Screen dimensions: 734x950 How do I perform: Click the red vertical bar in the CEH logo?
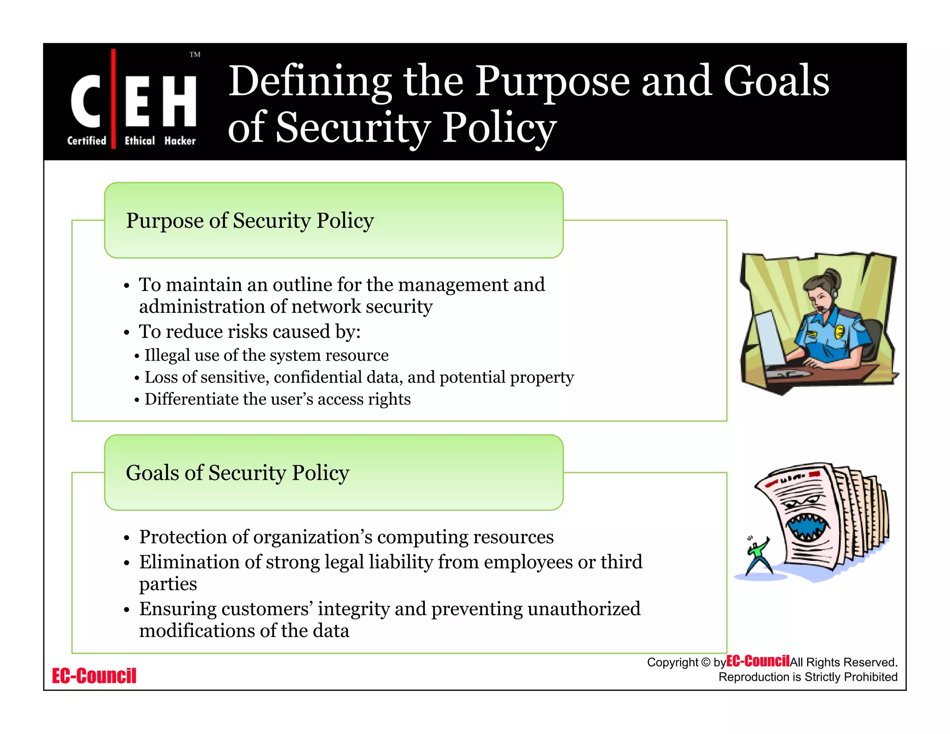pyautogui.click(x=114, y=98)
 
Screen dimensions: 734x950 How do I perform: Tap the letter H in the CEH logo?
pyautogui.click(x=180, y=101)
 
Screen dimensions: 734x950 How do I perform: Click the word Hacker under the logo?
pyautogui.click(x=180, y=141)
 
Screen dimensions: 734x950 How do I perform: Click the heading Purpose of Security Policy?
pyautogui.click(x=250, y=221)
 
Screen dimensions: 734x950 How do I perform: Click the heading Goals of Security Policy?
pyautogui.click(x=237, y=473)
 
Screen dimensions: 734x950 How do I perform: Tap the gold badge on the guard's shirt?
pyautogui.click(x=840, y=331)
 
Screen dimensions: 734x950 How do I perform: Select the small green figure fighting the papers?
pyautogui.click(x=757, y=557)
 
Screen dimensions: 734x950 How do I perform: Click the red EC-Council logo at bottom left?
pyautogui.click(x=94, y=676)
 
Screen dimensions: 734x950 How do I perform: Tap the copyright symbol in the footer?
pyautogui.click(x=705, y=663)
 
